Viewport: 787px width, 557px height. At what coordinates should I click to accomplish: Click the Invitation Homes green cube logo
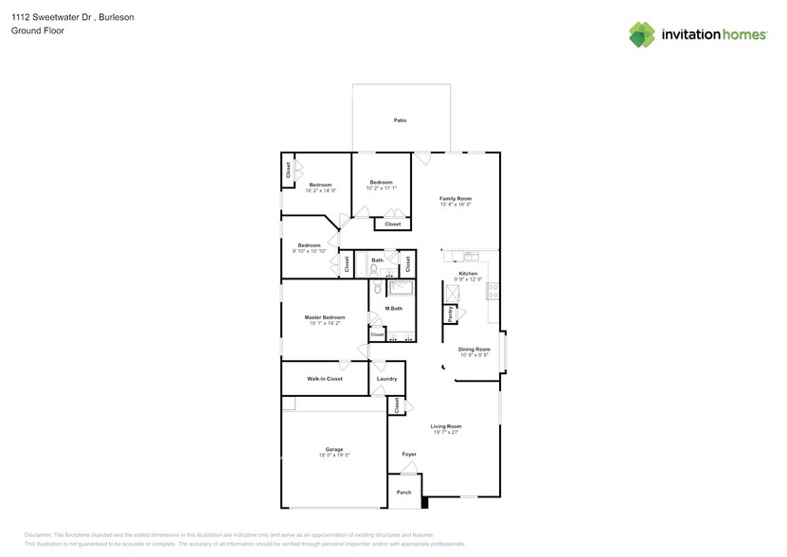point(642,34)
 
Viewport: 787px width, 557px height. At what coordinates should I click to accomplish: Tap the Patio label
point(401,121)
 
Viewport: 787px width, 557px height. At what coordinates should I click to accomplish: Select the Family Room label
point(456,198)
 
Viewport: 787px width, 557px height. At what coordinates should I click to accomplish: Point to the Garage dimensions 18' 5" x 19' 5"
point(334,456)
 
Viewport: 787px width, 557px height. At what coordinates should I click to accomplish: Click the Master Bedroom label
point(324,317)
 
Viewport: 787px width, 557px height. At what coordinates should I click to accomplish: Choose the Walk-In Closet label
point(324,379)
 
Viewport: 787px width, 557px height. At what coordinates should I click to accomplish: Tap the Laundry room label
point(386,379)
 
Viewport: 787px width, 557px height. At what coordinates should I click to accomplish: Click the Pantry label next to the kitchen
point(438,314)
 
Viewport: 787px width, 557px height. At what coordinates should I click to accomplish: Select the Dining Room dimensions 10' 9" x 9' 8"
point(474,355)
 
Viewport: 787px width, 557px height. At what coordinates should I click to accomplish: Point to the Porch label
point(404,492)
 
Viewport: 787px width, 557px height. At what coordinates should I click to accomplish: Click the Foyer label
point(409,455)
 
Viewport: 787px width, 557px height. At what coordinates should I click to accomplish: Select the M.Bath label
point(394,309)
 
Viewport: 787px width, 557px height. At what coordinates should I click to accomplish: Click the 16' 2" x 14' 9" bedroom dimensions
point(321,190)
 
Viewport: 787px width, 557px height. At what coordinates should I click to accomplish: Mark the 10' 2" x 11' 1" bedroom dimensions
point(381,189)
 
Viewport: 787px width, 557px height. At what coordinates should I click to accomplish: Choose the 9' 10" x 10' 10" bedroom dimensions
point(309,251)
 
